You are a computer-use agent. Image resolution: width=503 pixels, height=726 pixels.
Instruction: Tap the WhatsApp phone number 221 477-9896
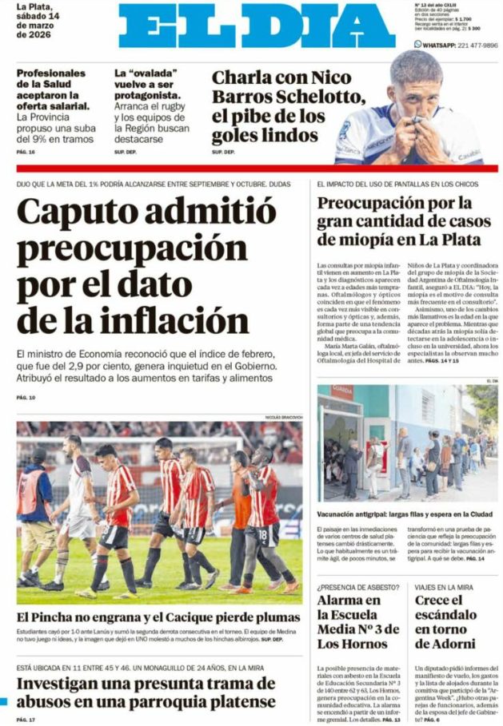[466, 46]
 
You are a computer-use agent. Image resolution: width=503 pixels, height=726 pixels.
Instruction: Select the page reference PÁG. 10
[26, 397]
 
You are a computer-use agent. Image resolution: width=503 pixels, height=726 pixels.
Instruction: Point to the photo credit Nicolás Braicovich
[284, 417]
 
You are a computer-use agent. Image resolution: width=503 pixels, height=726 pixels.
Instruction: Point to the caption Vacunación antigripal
[357, 514]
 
